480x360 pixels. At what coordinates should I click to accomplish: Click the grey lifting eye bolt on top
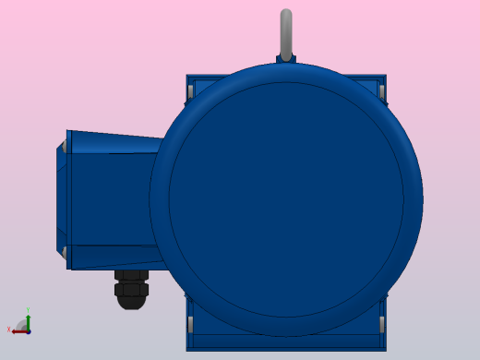point(286,33)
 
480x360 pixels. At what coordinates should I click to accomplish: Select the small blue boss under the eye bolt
point(286,60)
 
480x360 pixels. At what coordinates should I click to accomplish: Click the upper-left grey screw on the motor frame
point(190,91)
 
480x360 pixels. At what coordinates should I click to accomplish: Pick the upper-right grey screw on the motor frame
point(381,91)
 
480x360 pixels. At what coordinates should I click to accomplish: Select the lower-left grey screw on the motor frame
point(190,324)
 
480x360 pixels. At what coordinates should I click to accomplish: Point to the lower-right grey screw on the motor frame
point(381,324)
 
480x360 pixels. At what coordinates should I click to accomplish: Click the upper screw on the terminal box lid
point(65,146)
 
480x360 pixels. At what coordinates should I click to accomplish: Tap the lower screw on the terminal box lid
point(65,251)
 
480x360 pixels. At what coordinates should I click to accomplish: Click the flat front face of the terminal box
point(111,198)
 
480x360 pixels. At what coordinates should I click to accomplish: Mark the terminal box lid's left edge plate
point(62,198)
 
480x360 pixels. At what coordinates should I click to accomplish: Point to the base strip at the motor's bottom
point(286,347)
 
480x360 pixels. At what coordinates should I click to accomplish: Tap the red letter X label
point(8,330)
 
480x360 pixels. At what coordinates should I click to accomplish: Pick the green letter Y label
point(28,310)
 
